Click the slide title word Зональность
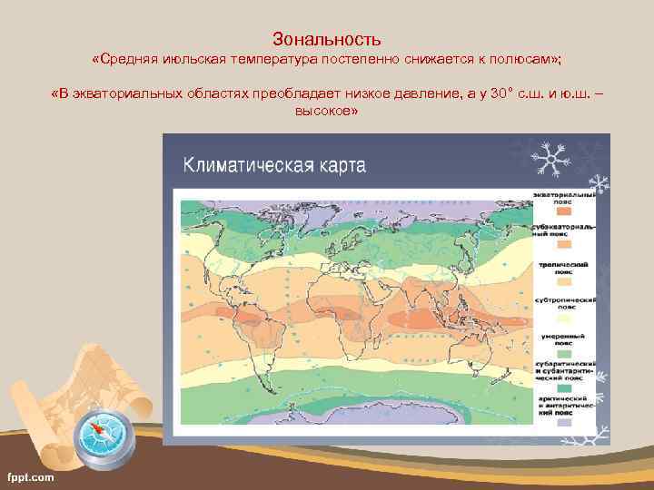[x=326, y=39]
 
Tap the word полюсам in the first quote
[x=526, y=59]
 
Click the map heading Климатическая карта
[x=274, y=164]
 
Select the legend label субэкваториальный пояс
[x=569, y=228]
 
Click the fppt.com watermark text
[x=30, y=476]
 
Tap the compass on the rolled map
[x=104, y=435]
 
